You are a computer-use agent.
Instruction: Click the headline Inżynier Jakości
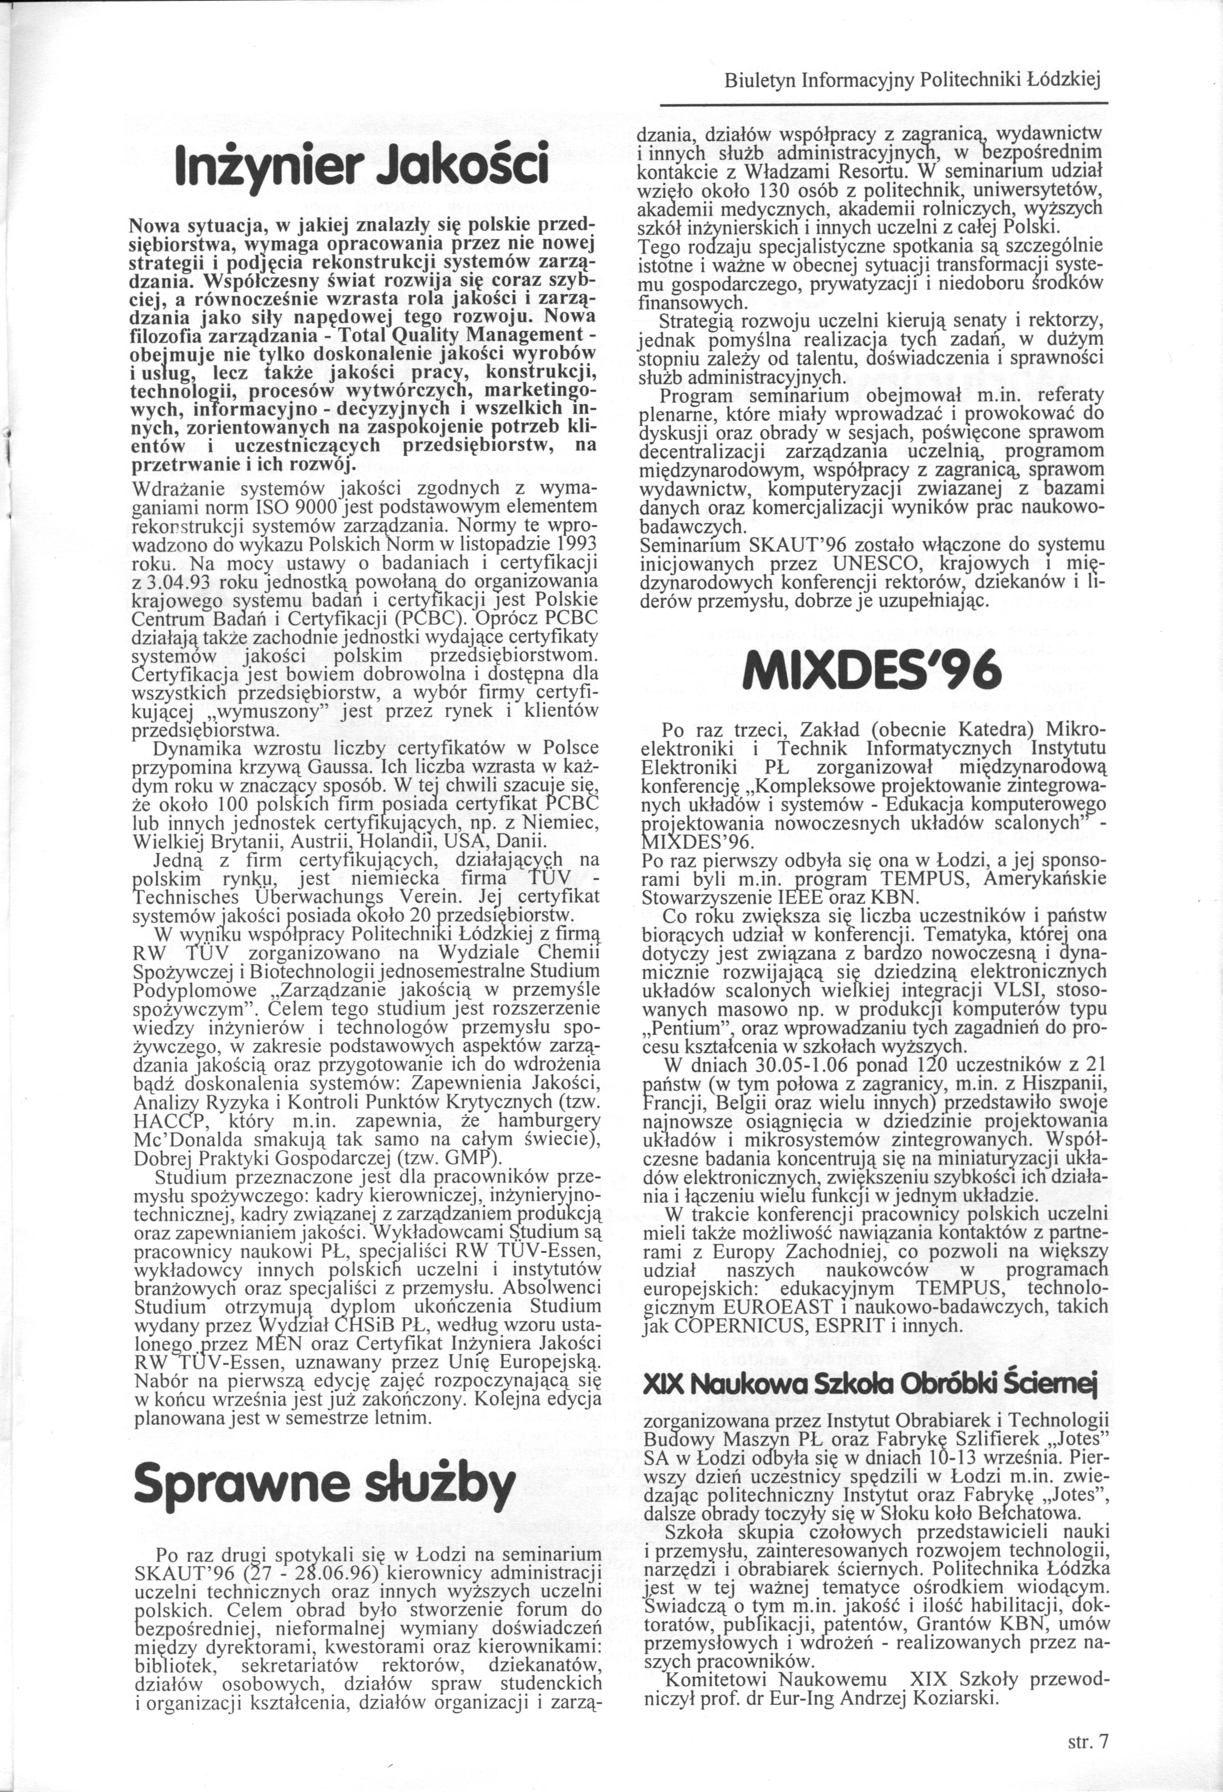362,163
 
